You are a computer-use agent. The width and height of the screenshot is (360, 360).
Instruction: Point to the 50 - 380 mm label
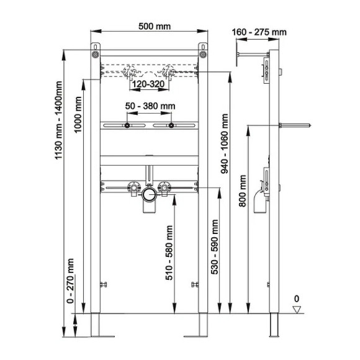pos(150,107)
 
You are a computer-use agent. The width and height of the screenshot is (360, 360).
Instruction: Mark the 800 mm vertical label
pos(243,190)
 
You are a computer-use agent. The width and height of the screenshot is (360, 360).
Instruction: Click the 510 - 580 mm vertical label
pos(169,253)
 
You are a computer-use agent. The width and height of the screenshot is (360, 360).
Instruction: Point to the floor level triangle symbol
pos(297,309)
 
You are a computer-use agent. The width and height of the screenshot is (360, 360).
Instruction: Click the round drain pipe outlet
pos(149,196)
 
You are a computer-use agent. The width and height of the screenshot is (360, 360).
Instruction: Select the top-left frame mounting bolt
pos(95,55)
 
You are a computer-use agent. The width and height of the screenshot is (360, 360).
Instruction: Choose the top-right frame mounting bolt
pos(202,55)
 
